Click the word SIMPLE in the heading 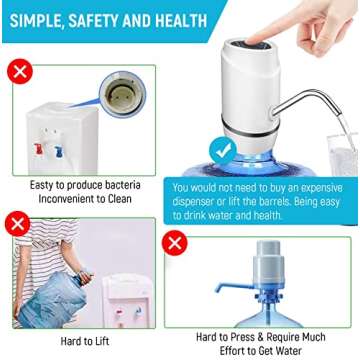coord(39,20)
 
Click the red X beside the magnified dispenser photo coord(17,72)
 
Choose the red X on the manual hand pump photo coord(176,243)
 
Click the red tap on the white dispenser coord(38,150)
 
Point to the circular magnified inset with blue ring coord(124,95)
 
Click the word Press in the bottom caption coord(240,336)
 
